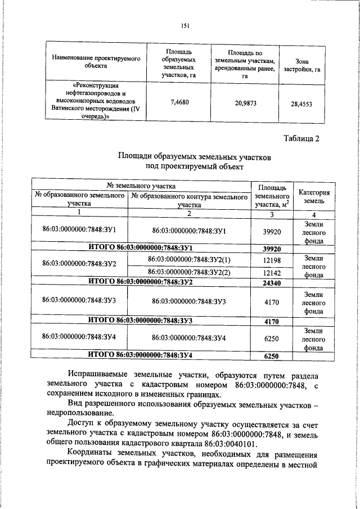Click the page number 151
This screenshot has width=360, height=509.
184,25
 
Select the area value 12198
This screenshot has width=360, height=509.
272,259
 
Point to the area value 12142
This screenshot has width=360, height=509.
272,272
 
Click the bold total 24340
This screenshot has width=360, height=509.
272,283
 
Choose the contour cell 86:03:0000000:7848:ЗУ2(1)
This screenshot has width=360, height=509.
189,259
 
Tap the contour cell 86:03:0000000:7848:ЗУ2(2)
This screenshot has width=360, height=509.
189,272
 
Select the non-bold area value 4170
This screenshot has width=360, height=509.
272,301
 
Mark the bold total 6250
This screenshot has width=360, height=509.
272,357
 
